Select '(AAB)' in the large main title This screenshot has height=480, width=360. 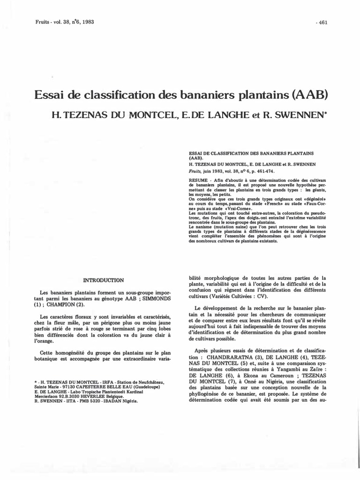coord(309,95)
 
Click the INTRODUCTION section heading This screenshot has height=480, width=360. coord(103,280)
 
